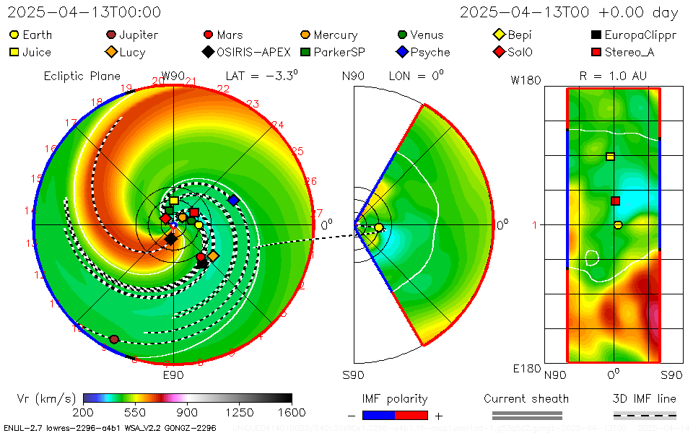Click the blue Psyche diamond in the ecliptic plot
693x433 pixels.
pyautogui.click(x=233, y=200)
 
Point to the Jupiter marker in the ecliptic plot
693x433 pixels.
pyautogui.click(x=114, y=339)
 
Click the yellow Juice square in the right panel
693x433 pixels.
pyautogui.click(x=610, y=157)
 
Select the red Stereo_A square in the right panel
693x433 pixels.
pyautogui.click(x=615, y=201)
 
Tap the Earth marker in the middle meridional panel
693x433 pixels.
pyautogui.click(x=379, y=228)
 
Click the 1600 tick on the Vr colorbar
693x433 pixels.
pyautogui.click(x=292, y=412)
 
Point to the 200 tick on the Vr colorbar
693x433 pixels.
pyautogui.click(x=84, y=412)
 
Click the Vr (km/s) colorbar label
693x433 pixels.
pyautogui.click(x=46, y=398)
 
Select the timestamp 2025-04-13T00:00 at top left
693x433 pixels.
pyautogui.click(x=84, y=12)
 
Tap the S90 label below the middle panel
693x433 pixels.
pyautogui.click(x=353, y=375)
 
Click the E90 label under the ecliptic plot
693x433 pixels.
pyautogui.click(x=173, y=375)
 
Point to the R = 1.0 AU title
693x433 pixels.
pyautogui.click(x=613, y=75)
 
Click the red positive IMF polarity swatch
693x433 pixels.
pyautogui.click(x=411, y=415)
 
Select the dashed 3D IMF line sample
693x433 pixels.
pyautogui.click(x=645, y=415)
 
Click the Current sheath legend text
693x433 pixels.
pyautogui.click(x=526, y=398)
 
